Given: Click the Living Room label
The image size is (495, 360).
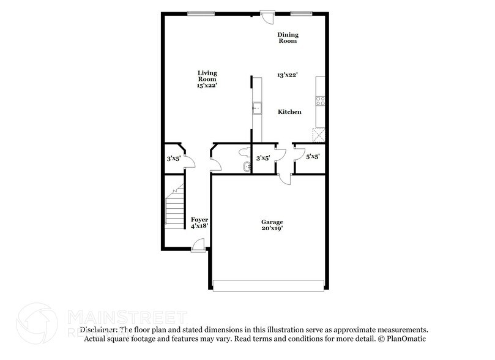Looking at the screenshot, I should pyautogui.click(x=207, y=75).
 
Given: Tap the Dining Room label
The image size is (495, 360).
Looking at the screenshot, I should pyautogui.click(x=287, y=38).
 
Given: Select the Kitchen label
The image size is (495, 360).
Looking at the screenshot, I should pyautogui.click(x=289, y=112).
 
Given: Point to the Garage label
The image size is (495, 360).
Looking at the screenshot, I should pyautogui.click(x=273, y=222).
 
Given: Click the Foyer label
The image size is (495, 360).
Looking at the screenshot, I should pyautogui.click(x=199, y=219).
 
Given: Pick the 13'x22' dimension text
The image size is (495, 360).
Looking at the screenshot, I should pyautogui.click(x=287, y=75).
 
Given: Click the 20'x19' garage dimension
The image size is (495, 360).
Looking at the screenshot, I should pyautogui.click(x=273, y=229).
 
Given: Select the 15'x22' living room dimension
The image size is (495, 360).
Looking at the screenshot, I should pyautogui.click(x=207, y=86).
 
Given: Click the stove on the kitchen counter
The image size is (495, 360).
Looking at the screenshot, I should pyautogui.click(x=319, y=102).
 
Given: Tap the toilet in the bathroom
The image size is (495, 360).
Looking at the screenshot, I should pyautogui.click(x=245, y=151).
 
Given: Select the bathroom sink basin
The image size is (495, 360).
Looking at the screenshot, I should pyautogui.click(x=246, y=167).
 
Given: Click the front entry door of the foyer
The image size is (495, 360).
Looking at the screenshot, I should pyautogui.click(x=198, y=246).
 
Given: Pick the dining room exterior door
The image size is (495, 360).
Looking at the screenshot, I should pyautogui.click(x=267, y=16).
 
